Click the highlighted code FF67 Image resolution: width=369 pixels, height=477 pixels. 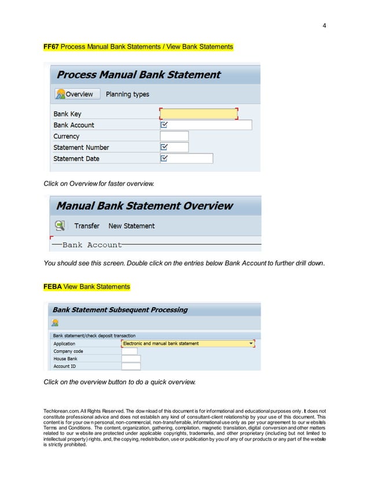(x=51, y=46)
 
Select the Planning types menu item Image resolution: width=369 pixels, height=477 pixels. (x=127, y=94)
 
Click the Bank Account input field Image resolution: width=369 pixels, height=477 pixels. (x=205, y=125)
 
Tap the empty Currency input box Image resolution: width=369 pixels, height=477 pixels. (x=174, y=136)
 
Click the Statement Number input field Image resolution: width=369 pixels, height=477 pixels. (x=174, y=147)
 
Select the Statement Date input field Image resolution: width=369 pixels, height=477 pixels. (x=186, y=158)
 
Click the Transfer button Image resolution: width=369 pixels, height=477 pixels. (x=87, y=226)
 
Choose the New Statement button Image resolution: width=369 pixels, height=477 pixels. (x=131, y=226)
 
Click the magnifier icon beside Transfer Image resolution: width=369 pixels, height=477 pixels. (x=60, y=226)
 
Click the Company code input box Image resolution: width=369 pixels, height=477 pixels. (x=130, y=351)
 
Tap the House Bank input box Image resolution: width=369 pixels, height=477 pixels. (x=131, y=359)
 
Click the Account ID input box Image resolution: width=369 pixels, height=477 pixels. (x=131, y=366)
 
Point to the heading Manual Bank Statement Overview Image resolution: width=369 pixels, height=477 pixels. (x=145, y=206)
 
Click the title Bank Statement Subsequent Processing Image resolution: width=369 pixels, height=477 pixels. (x=120, y=310)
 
